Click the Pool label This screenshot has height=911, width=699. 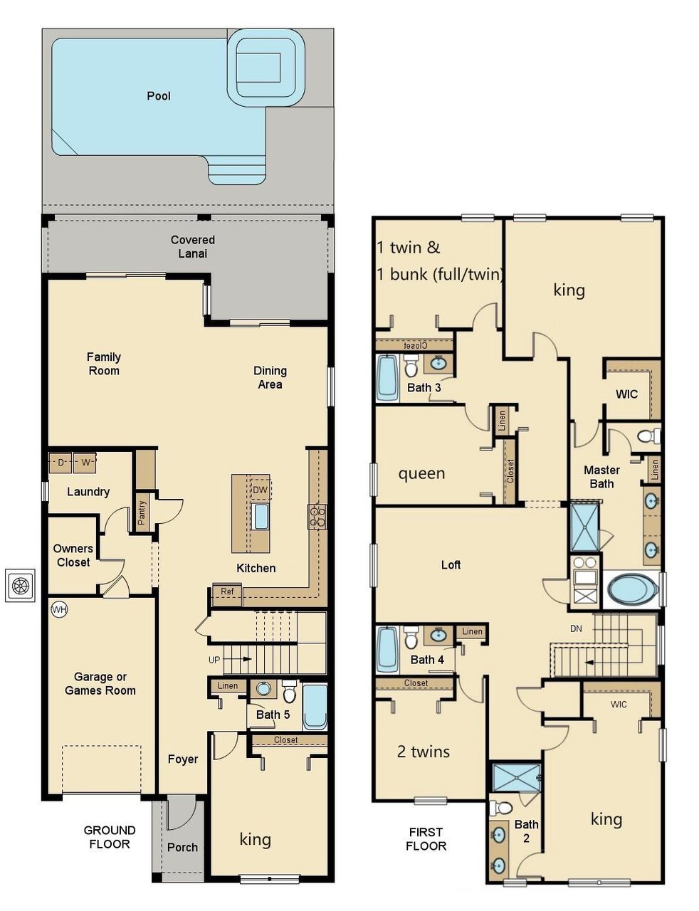[x=158, y=96]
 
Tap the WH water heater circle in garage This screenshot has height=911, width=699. [x=58, y=610]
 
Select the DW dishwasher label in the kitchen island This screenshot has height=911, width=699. [x=261, y=490]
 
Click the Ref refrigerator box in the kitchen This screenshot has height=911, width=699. [x=227, y=592]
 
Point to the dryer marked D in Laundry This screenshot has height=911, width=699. [x=61, y=463]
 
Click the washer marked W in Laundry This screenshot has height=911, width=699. [x=85, y=463]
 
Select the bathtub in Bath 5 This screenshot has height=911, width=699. [x=315, y=706]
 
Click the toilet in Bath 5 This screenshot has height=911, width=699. [x=289, y=691]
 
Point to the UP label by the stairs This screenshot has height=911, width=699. [x=214, y=660]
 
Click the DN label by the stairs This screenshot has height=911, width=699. [x=577, y=628]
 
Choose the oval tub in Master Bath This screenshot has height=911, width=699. [x=633, y=590]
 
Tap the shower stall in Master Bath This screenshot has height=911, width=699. [x=586, y=527]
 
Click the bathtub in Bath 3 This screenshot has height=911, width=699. [x=388, y=377]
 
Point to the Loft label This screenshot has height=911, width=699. [x=451, y=565]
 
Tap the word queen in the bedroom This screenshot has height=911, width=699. [x=421, y=473]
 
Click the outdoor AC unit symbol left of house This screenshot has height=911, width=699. [x=20, y=585]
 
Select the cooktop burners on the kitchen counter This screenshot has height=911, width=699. [x=317, y=516]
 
